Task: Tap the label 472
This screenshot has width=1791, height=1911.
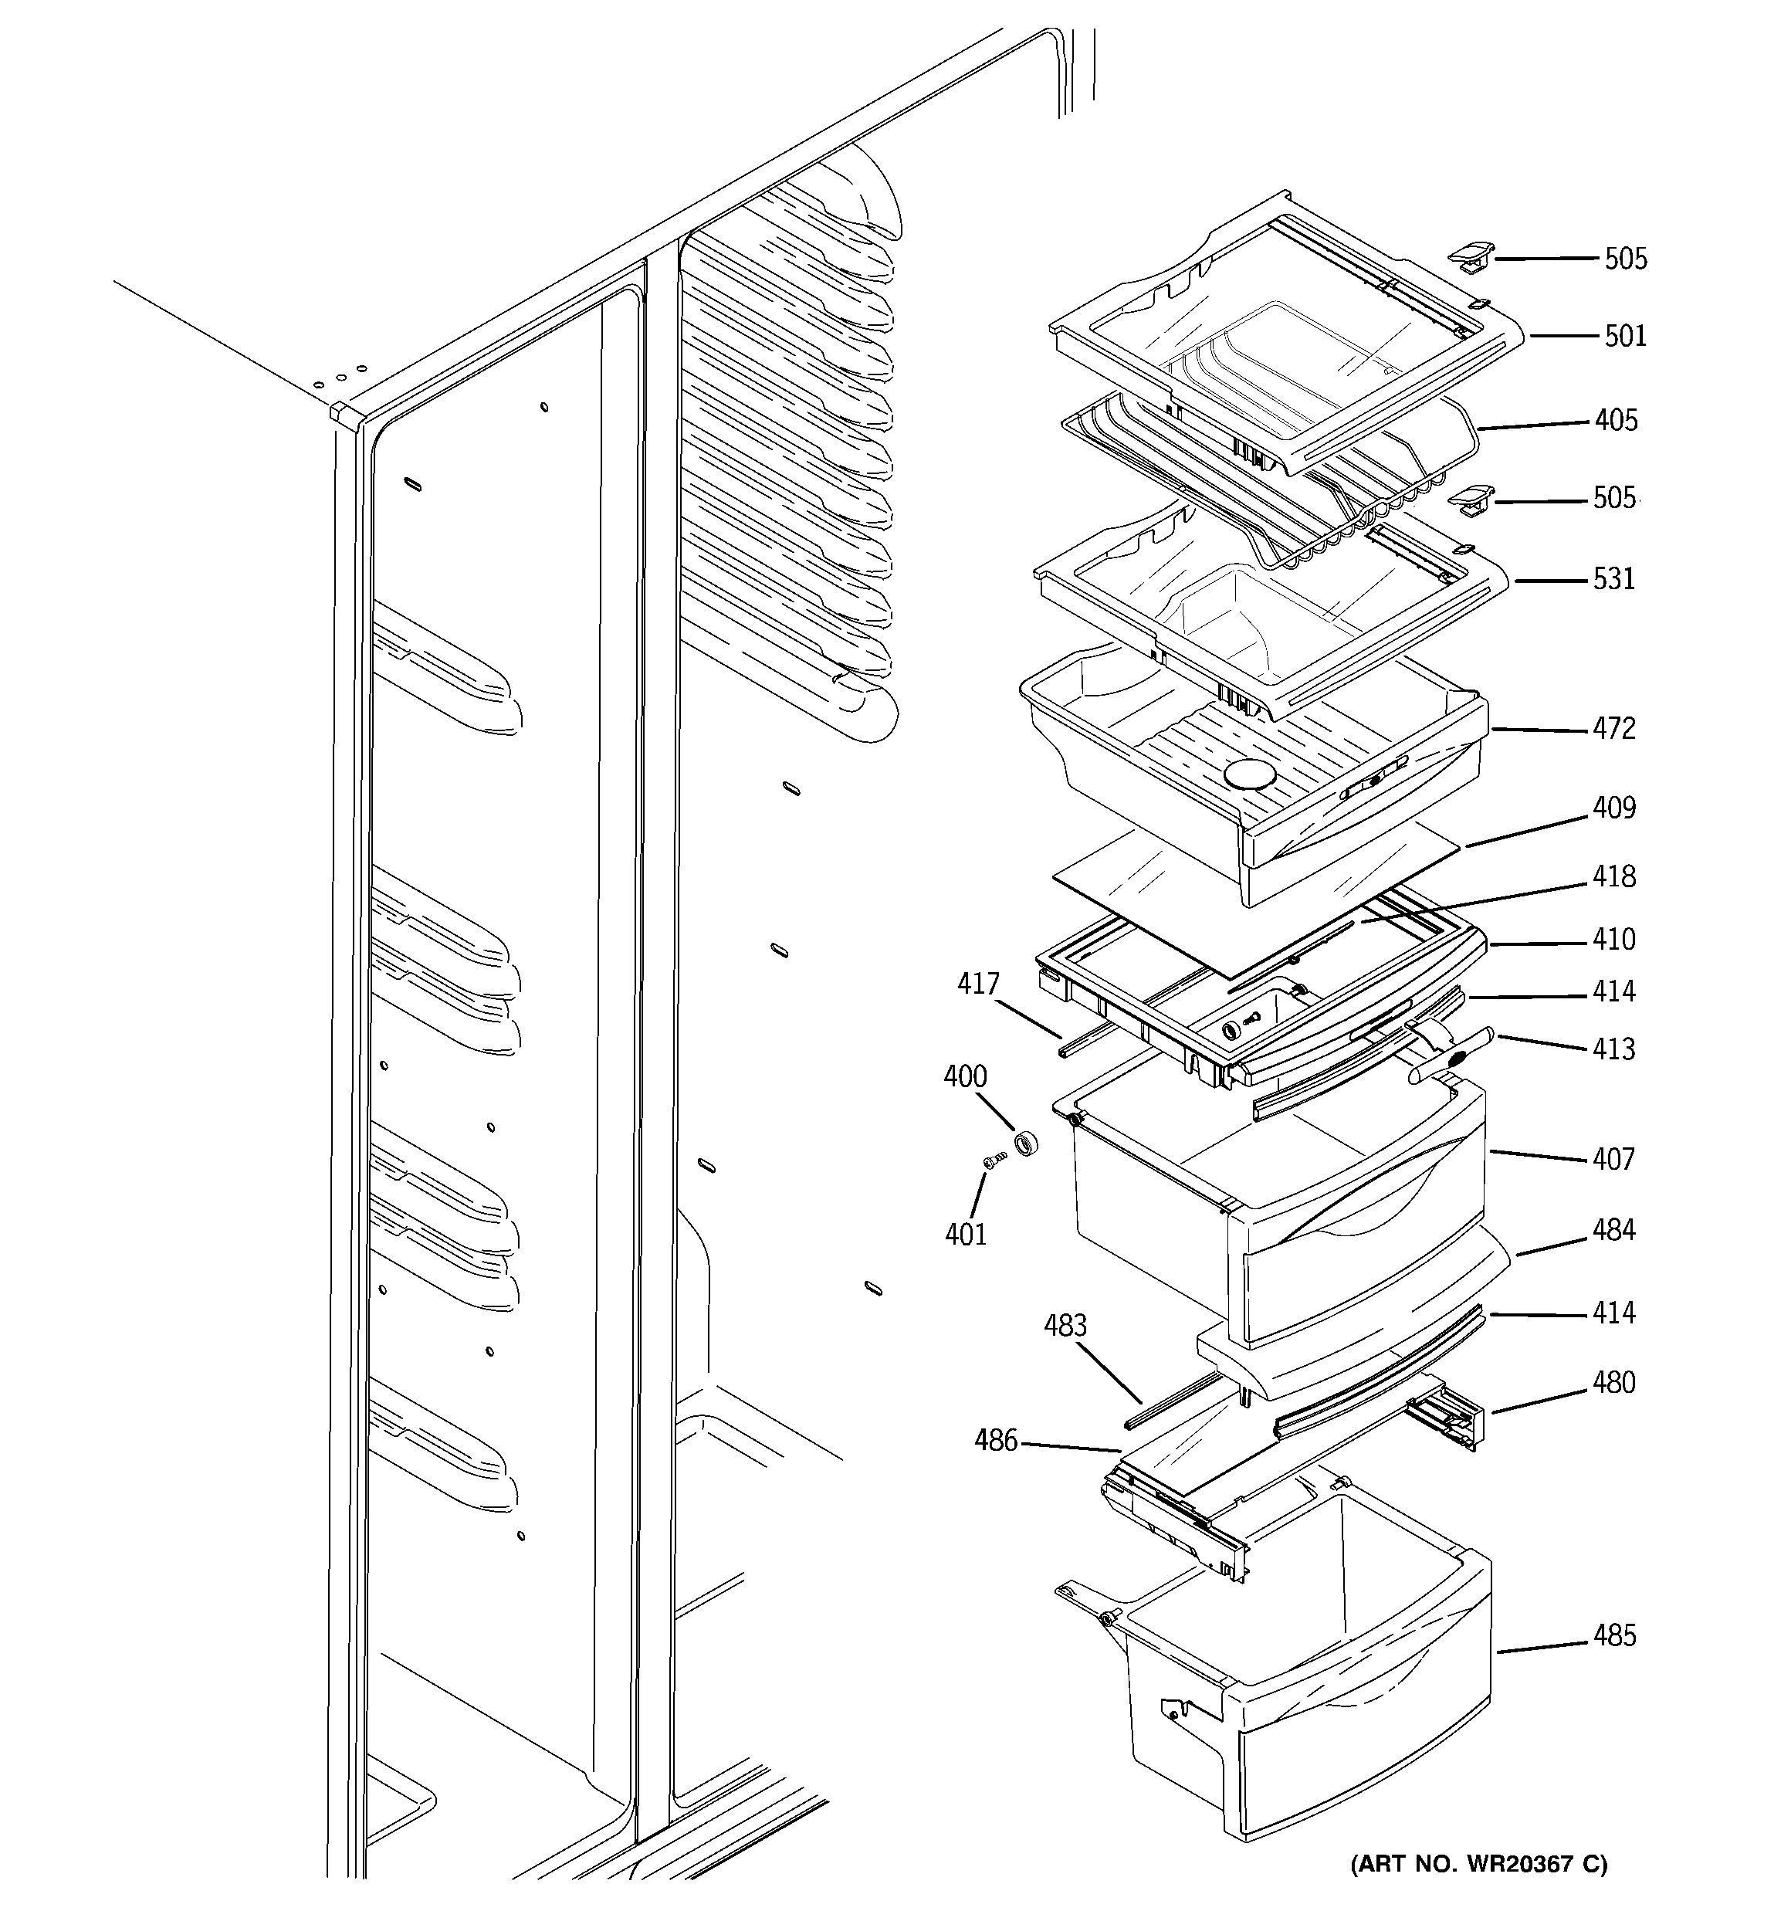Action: (x=1613, y=729)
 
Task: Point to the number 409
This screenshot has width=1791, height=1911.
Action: (x=1613, y=808)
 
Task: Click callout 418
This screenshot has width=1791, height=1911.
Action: (x=1613, y=876)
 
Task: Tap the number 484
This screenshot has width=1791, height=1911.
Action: (x=1613, y=1231)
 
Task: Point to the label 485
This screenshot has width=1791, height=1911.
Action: (x=1613, y=1636)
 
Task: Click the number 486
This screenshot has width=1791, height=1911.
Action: (x=995, y=1440)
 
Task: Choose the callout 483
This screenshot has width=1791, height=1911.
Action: (x=1065, y=1326)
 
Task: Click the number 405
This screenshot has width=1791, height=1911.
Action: (x=1615, y=420)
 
